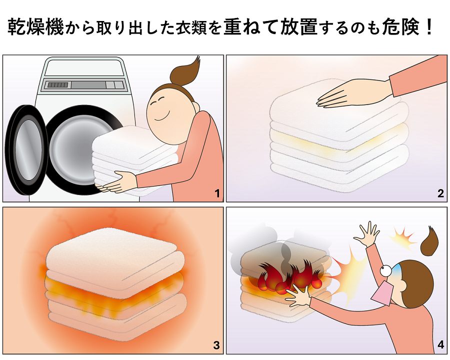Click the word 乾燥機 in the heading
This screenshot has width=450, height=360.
click(x=35, y=27)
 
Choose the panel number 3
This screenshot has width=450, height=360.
click(x=216, y=345)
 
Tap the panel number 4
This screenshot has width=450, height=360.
click(x=441, y=345)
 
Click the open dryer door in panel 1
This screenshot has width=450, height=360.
click(x=26, y=146)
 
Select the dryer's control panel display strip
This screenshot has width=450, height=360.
click(x=85, y=85)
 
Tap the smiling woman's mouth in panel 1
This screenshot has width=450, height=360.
click(x=161, y=117)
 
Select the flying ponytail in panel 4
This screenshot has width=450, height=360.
click(x=428, y=241)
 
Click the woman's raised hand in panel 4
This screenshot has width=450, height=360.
click(x=367, y=234)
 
